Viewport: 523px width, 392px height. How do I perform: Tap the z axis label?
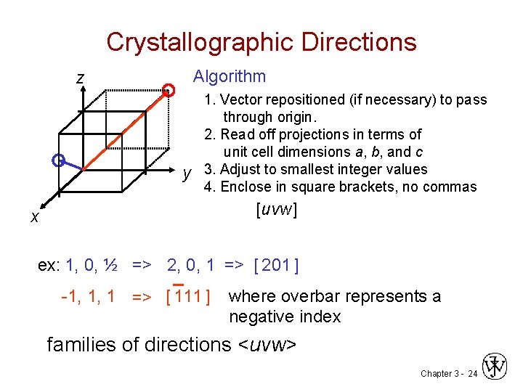coord(81,78)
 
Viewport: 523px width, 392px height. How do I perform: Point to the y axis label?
coord(187,173)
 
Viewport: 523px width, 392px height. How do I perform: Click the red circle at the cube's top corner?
coord(169,90)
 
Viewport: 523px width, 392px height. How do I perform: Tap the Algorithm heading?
coord(229,76)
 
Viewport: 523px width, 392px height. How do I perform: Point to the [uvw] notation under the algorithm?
coord(277,210)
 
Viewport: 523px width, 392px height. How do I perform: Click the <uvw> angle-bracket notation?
coord(267,344)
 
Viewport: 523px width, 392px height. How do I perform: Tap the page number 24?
coord(472,373)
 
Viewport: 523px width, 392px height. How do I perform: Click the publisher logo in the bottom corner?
coord(496,367)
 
